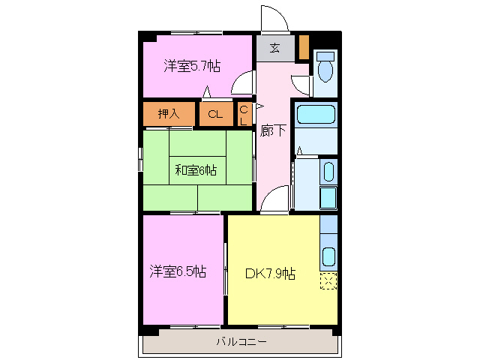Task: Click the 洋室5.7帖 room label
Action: point(192,66)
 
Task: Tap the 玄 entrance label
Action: point(274,49)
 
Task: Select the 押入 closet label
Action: point(169,114)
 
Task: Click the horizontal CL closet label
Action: point(215,115)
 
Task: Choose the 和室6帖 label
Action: point(196,170)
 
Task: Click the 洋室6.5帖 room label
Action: point(178,271)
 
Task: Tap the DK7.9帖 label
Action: point(270,274)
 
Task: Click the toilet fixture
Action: point(326,71)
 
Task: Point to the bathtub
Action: point(316,115)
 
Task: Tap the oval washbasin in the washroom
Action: point(328,172)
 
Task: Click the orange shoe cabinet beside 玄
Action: point(304,47)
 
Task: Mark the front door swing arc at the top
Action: point(272,18)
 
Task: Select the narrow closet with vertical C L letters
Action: point(244,115)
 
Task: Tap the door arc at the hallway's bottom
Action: point(274,201)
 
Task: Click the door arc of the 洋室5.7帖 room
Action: point(242,85)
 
